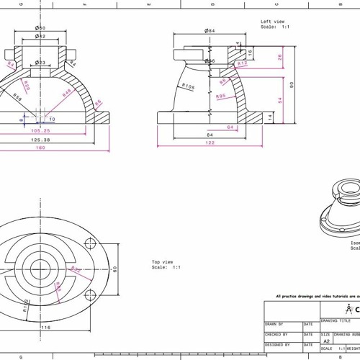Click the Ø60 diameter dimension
40,27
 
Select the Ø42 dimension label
40,36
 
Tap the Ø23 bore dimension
40,63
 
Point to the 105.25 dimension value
40,131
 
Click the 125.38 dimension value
40,140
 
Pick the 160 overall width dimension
40,148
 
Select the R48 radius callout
66,93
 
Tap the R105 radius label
189,86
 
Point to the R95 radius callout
221,96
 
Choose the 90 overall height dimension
292,84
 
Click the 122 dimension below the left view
210,143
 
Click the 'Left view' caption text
273,22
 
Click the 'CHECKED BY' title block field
277,334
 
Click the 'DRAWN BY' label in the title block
274,324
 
